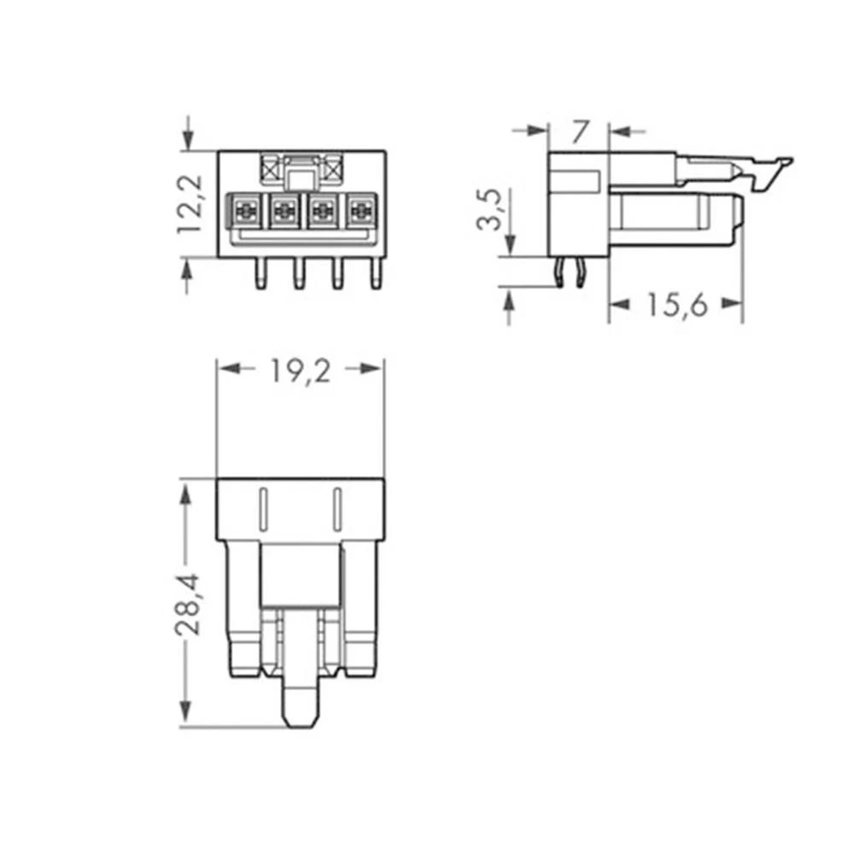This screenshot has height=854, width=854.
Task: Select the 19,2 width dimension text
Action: point(301,370)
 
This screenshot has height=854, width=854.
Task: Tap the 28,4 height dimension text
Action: point(187,604)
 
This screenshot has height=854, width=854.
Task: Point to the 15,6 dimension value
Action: point(676,305)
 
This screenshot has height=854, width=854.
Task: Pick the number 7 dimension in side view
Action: point(580,132)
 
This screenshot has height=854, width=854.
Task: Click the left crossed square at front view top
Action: point(272,168)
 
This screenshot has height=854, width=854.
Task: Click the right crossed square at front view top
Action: point(332,168)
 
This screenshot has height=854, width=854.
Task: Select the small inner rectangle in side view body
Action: point(577,180)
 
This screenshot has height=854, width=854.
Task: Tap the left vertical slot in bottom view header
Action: point(263,511)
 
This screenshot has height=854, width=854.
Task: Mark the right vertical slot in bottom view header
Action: point(337,511)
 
